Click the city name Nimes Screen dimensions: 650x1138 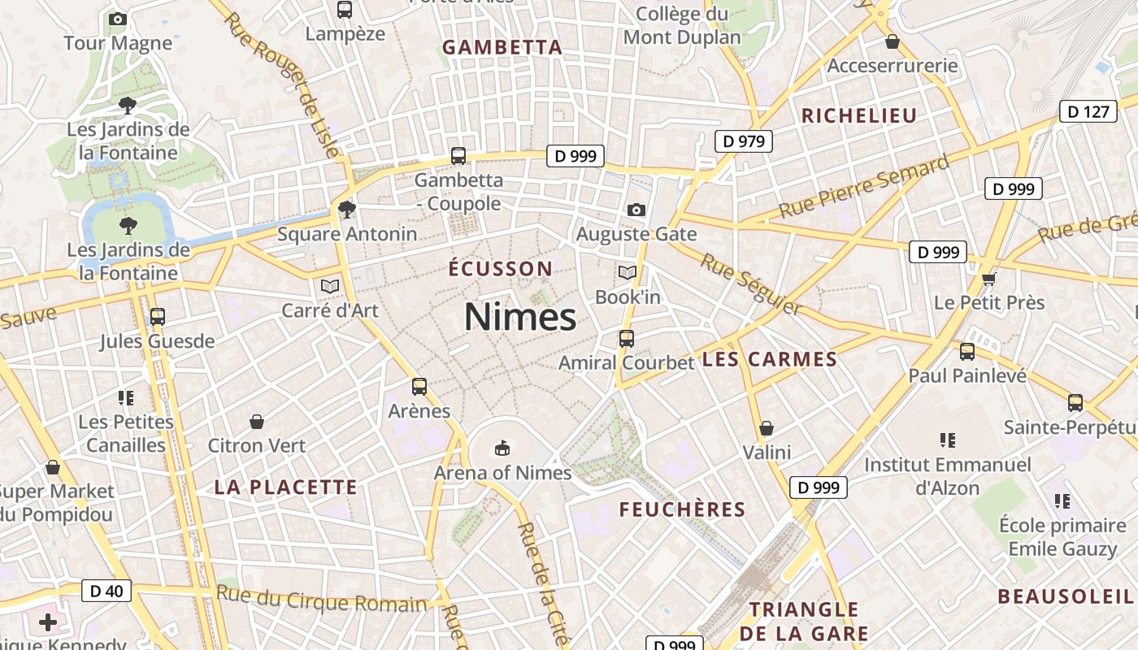[519, 317]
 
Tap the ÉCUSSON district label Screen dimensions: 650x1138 [500, 269]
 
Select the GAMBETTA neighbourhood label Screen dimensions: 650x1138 [502, 47]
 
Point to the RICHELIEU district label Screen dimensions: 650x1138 [859, 115]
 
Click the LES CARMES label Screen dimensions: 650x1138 [769, 359]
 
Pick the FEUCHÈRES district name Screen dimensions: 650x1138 [682, 509]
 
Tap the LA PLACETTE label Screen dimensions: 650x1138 [285, 487]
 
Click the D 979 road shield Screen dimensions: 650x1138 [743, 141]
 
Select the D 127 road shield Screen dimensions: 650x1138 [1088, 111]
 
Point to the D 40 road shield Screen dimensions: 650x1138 [106, 591]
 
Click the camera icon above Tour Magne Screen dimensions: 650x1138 [118, 19]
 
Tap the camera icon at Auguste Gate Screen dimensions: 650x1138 [636, 210]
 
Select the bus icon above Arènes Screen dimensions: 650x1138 [419, 387]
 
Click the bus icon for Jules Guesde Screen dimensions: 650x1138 [158, 317]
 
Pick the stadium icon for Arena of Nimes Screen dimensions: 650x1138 [502, 448]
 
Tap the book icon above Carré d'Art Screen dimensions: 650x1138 [329, 286]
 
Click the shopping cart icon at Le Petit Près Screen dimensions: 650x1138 [988, 279]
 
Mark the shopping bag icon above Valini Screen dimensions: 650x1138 [766, 428]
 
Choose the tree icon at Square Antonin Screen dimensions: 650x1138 [347, 210]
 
